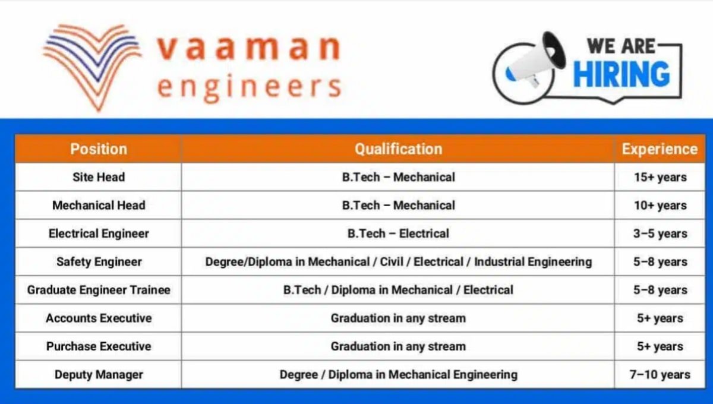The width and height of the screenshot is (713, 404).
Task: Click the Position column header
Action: point(98,149)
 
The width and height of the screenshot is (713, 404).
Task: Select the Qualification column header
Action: point(398,149)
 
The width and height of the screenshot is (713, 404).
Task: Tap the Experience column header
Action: point(660,149)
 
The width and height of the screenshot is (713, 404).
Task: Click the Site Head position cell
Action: point(98,177)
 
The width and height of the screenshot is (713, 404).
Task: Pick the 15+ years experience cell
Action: point(660,177)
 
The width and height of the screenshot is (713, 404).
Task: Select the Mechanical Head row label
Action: point(98,206)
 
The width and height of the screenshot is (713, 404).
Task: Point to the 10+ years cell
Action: point(660,206)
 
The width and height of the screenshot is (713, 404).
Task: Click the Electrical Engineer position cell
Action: point(98,233)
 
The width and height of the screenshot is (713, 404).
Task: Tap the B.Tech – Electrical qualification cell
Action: point(398,233)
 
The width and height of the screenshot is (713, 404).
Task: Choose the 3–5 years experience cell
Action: point(660,233)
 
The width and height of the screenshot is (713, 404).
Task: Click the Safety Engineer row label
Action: point(98,262)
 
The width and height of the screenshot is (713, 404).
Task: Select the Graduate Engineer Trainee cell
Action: point(98,290)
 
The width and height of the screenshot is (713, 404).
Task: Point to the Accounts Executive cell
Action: point(98,318)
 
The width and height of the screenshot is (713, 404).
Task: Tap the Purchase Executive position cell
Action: point(98,346)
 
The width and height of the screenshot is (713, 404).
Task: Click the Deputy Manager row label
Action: point(98,375)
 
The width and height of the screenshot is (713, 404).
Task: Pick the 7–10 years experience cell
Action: point(660,375)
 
